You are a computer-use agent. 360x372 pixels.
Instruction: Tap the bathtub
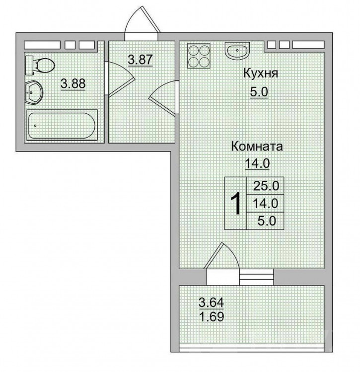(x=62, y=125)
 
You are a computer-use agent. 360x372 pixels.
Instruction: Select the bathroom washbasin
(x=34, y=92)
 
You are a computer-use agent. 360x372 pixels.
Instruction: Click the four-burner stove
(x=199, y=56)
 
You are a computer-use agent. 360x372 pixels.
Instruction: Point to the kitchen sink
(x=237, y=51)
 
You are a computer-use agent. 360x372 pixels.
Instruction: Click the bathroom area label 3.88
(x=73, y=83)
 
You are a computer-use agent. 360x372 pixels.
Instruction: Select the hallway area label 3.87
(x=140, y=59)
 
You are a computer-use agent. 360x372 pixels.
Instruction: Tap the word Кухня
(x=260, y=73)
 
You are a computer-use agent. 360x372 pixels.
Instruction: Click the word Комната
(x=257, y=147)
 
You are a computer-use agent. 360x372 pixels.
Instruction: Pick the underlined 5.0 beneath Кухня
(x=259, y=91)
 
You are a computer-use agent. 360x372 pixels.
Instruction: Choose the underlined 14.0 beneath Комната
(x=257, y=163)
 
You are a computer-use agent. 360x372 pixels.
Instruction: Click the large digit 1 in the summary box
(x=236, y=203)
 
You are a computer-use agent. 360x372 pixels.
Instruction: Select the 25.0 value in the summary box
(x=266, y=186)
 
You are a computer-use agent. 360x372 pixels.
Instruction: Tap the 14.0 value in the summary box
(x=265, y=203)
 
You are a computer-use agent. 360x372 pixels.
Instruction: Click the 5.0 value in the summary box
(x=267, y=221)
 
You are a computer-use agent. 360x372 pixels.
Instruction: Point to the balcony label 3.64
(x=212, y=302)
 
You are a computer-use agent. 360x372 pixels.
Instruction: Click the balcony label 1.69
(x=212, y=316)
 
